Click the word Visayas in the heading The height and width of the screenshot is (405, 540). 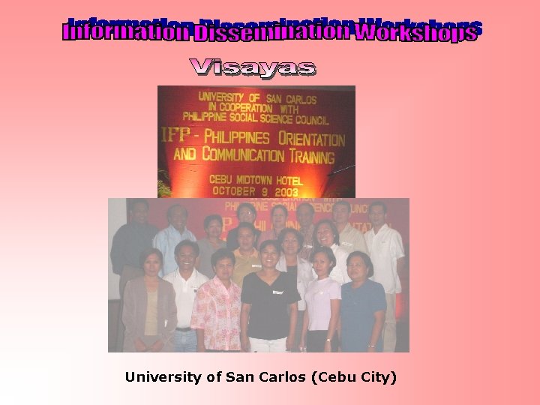point(253,67)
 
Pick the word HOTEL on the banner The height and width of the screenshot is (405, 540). point(287,181)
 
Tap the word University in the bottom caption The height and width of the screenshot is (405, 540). point(166,377)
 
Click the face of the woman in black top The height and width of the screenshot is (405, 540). point(269,254)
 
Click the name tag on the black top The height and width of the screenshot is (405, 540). point(277,292)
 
